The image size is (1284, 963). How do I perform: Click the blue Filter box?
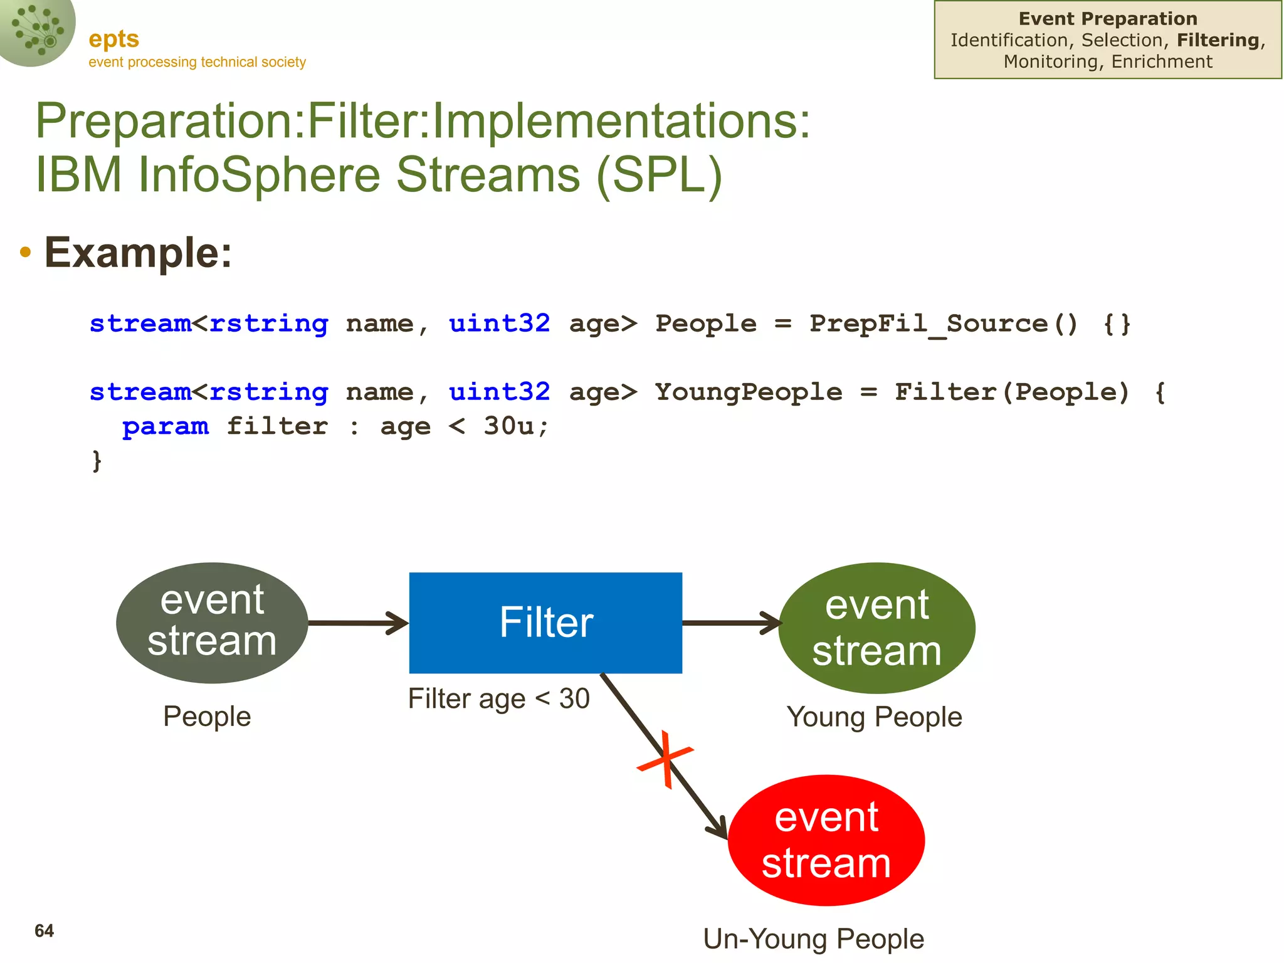click(x=545, y=623)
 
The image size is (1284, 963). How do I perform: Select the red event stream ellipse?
click(x=826, y=840)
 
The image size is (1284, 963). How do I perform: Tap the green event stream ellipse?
click(x=876, y=628)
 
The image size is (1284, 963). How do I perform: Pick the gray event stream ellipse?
click(x=212, y=623)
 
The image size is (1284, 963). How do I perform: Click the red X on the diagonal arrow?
click(x=665, y=759)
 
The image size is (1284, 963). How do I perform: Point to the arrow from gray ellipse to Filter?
click(x=358, y=623)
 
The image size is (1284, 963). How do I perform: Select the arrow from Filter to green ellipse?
click(x=731, y=623)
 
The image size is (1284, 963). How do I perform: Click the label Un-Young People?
click(x=813, y=939)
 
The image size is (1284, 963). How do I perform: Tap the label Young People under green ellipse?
click(x=874, y=717)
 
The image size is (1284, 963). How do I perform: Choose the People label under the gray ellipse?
click(x=207, y=716)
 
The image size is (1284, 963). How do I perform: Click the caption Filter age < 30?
click(x=498, y=699)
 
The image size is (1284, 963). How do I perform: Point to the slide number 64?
click(x=44, y=931)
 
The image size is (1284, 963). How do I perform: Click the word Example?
click(x=138, y=253)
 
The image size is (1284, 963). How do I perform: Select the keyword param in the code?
click(x=166, y=426)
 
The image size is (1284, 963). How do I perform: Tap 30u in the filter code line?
click(x=508, y=426)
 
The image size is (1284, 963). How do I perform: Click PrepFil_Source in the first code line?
click(x=929, y=324)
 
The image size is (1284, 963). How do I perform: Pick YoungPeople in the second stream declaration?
click(x=749, y=392)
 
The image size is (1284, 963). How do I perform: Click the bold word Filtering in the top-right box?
click(x=1218, y=40)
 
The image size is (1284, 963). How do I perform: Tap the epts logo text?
click(x=113, y=39)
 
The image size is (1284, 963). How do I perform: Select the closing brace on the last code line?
click(x=97, y=461)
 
